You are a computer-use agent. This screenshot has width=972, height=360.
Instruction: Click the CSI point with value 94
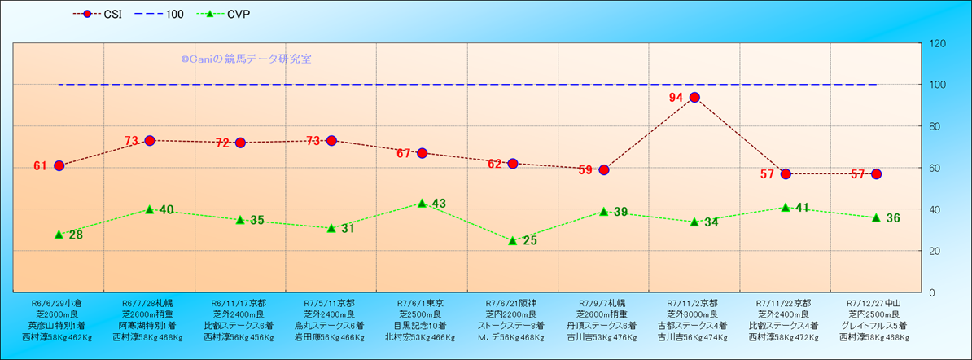pos(694,98)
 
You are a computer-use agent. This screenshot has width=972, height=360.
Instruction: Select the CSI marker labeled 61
pos(59,165)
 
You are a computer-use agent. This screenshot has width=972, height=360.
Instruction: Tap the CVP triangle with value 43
pos(422,203)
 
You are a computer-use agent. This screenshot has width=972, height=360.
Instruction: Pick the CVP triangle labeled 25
pos(513,240)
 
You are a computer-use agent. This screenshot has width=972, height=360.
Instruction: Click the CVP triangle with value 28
pos(59,234)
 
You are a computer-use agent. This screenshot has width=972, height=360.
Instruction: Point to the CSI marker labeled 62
pos(513,164)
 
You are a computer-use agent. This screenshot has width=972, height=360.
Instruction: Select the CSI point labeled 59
pos(603,169)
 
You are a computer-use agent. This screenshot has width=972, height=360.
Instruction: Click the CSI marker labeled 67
pos(422,153)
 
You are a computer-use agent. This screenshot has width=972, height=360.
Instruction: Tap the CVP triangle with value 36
pos(876,217)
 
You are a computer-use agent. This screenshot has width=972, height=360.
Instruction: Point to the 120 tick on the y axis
pos(936,43)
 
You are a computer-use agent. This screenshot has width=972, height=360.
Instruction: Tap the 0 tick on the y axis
pos(930,292)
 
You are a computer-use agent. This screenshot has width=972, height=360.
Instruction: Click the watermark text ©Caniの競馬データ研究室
pos(246,59)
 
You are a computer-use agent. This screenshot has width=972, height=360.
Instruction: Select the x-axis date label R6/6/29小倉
pos(58,302)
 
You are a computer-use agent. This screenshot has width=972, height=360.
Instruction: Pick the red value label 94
pos(676,98)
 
